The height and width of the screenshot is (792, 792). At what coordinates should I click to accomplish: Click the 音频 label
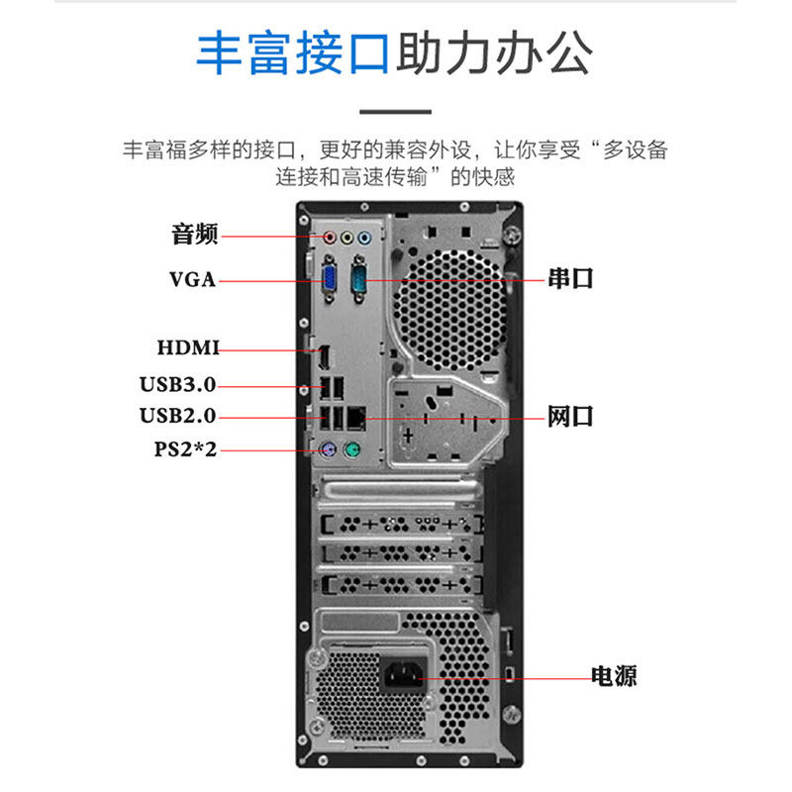(x=194, y=235)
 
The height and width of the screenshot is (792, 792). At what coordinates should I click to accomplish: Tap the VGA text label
(x=192, y=279)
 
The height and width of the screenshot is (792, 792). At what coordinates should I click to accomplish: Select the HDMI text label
(x=187, y=347)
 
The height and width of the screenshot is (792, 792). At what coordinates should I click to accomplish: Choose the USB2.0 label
(x=177, y=416)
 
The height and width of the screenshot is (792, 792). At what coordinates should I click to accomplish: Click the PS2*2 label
(x=184, y=449)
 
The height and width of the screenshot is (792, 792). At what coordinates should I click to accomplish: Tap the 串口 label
(x=571, y=278)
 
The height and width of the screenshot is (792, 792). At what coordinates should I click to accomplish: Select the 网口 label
(x=571, y=416)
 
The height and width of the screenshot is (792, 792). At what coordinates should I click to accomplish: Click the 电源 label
(x=613, y=676)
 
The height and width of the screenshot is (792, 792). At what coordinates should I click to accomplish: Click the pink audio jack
(x=330, y=238)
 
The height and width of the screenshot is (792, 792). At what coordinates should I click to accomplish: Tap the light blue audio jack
(x=365, y=238)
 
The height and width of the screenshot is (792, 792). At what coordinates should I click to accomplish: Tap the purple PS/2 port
(x=328, y=451)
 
